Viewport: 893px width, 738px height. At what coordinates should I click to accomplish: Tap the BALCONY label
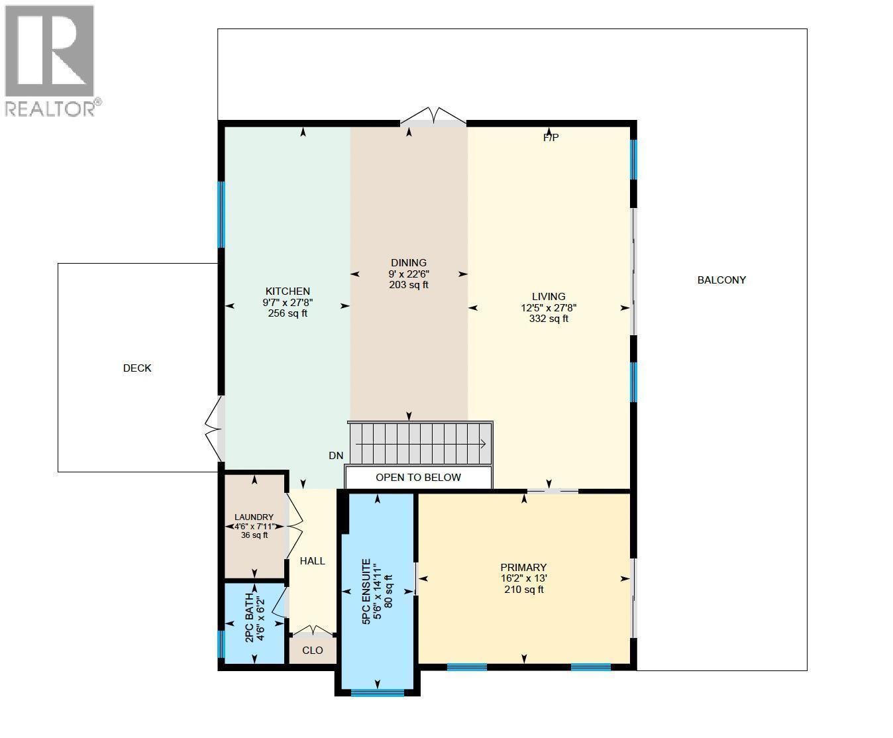point(721,280)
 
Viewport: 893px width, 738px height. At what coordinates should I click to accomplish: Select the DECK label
point(137,368)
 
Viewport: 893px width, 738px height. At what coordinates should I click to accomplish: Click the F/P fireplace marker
point(551,138)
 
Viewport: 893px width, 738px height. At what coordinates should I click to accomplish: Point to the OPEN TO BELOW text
point(418,478)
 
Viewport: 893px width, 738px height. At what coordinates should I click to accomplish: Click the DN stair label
point(336,456)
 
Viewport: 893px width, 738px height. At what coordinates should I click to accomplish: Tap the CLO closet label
point(312,651)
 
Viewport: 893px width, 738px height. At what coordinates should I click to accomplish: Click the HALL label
point(312,561)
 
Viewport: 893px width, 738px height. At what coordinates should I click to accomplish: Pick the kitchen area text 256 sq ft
point(288,314)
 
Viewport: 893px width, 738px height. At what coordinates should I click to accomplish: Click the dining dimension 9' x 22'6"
point(409,274)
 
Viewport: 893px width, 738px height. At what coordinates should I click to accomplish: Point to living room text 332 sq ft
point(549,319)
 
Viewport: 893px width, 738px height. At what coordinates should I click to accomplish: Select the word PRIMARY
point(523,568)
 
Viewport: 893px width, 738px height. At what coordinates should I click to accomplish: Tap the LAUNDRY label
point(254,517)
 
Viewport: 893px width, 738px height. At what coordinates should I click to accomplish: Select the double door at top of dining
point(433,118)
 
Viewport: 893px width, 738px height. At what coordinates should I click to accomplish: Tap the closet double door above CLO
point(313,631)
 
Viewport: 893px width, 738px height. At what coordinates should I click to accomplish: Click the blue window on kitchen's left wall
point(222,215)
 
